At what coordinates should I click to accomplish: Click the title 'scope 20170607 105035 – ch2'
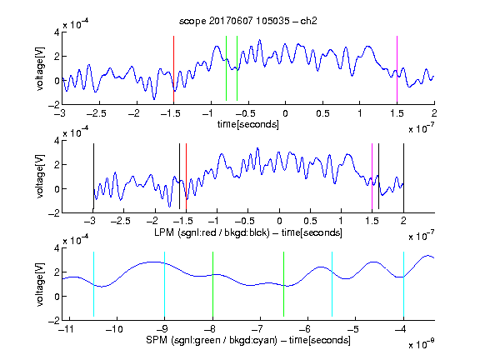pyautogui.click(x=248, y=21)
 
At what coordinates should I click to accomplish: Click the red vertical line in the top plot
pyautogui.click(x=173, y=69)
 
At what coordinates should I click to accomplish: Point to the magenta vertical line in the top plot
pyautogui.click(x=397, y=69)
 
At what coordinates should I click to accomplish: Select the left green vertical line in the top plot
pyautogui.click(x=226, y=68)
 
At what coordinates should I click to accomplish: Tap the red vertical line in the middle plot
pyautogui.click(x=186, y=177)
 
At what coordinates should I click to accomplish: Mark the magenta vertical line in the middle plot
pyautogui.click(x=372, y=177)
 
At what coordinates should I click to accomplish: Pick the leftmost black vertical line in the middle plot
pyautogui.click(x=93, y=177)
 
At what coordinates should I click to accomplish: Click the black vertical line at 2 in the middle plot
pyautogui.click(x=403, y=177)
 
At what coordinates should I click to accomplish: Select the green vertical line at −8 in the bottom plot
pyautogui.click(x=212, y=284)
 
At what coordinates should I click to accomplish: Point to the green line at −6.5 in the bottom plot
pyautogui.click(x=284, y=284)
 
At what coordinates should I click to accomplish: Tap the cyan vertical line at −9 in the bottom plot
pyautogui.click(x=165, y=284)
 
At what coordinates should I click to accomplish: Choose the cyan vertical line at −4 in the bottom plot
pyautogui.click(x=403, y=284)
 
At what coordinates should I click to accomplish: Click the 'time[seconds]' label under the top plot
pyautogui.click(x=248, y=125)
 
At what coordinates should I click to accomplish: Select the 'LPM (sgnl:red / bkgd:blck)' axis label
pyautogui.click(x=212, y=232)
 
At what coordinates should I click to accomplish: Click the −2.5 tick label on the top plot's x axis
pyautogui.click(x=97, y=113)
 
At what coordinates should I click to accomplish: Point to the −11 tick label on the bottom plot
pyautogui.click(x=68, y=329)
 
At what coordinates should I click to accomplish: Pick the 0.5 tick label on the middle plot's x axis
pyautogui.click(x=310, y=221)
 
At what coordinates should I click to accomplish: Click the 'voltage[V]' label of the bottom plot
pyautogui.click(x=40, y=284)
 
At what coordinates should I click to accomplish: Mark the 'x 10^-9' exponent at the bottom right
pyautogui.click(x=422, y=344)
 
